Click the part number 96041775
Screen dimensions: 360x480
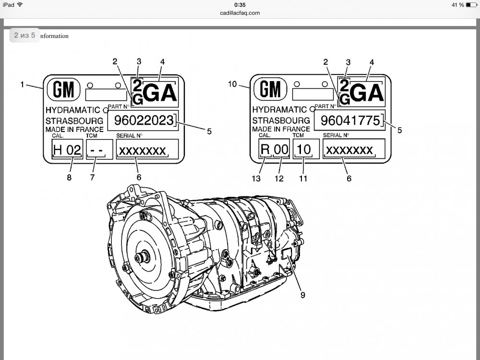click(x=349, y=120)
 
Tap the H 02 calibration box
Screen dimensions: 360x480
click(x=67, y=150)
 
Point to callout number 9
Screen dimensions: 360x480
click(x=303, y=295)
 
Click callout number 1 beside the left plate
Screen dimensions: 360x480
click(x=22, y=84)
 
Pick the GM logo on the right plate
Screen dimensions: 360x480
click(x=270, y=89)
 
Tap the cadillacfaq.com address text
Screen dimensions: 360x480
click(x=240, y=13)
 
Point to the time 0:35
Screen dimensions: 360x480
click(x=240, y=5)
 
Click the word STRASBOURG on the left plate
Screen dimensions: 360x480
click(x=74, y=120)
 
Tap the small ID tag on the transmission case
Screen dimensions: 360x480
click(x=286, y=254)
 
